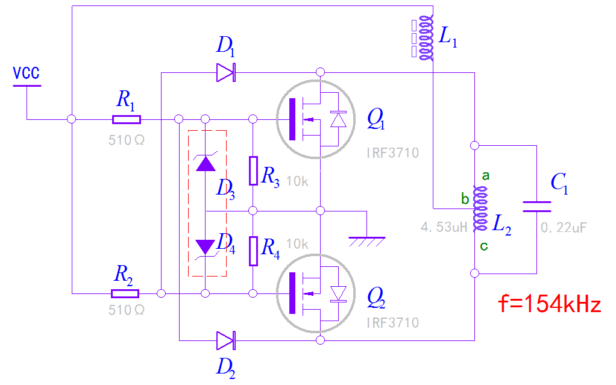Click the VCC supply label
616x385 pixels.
(x=27, y=74)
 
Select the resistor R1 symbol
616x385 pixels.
(x=127, y=119)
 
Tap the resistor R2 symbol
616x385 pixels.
(x=125, y=293)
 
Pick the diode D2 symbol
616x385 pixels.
(x=225, y=341)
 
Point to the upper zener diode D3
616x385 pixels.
(x=206, y=163)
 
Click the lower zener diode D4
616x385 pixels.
(x=206, y=246)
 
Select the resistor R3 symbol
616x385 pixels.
(x=253, y=170)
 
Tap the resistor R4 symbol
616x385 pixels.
(x=253, y=251)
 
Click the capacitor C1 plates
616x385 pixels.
(x=536, y=207)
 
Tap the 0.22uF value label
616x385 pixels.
(x=564, y=228)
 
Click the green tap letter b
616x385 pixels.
(x=465, y=198)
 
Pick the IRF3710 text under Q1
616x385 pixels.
(x=392, y=153)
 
